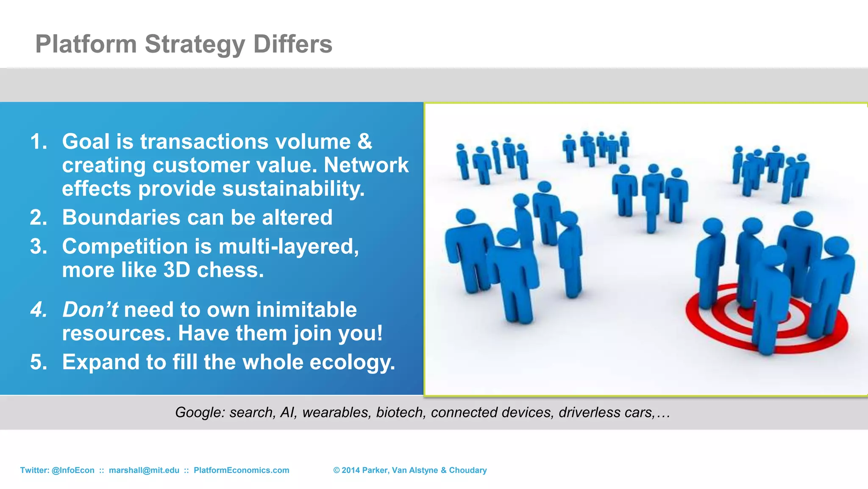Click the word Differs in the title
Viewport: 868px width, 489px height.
point(292,44)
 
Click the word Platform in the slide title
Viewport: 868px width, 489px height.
point(86,44)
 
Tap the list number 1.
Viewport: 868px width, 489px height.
point(38,141)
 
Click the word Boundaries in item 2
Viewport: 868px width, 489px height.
point(121,217)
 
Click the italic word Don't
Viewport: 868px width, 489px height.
point(90,309)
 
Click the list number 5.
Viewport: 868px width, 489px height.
point(38,363)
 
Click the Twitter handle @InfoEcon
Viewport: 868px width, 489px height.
point(73,470)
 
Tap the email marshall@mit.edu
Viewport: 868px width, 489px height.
point(144,470)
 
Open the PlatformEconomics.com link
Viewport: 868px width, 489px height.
point(241,470)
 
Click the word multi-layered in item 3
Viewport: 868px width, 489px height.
point(288,247)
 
